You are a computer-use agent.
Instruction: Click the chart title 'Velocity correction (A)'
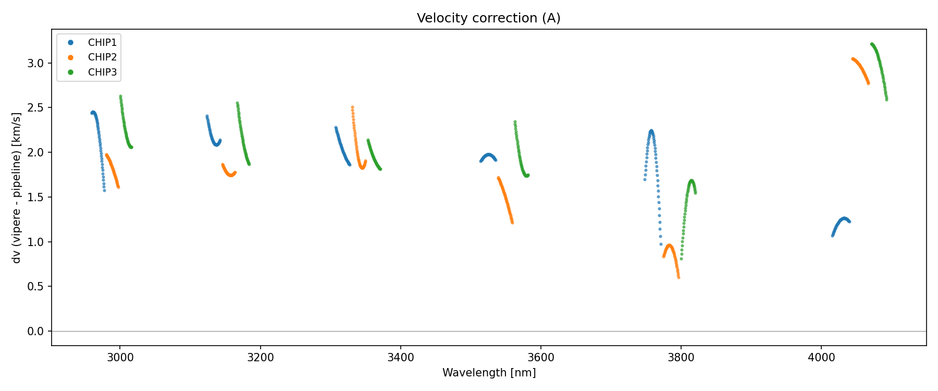488,18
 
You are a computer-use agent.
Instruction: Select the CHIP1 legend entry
102,43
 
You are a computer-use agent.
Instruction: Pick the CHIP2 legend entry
102,57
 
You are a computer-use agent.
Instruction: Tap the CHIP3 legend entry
102,72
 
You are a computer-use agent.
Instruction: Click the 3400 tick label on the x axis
400,357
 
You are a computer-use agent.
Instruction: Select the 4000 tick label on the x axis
821,357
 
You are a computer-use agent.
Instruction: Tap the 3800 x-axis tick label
681,357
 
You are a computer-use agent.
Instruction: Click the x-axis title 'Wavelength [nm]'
489,373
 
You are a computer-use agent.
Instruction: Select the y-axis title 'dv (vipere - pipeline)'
17,188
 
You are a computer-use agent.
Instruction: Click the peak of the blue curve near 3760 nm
651,131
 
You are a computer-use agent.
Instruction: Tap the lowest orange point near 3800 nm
678,277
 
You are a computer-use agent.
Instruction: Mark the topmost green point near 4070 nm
871,44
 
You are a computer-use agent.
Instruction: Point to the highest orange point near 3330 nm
352,107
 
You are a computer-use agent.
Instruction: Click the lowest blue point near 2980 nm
104,190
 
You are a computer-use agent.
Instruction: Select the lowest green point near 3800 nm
681,259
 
